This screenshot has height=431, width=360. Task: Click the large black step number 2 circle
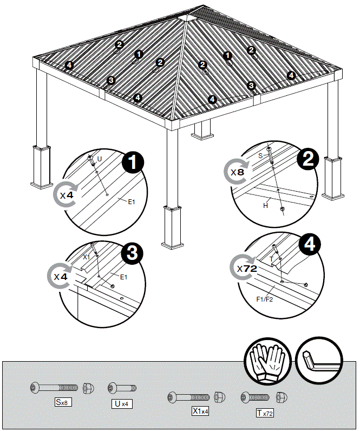coord(307,158)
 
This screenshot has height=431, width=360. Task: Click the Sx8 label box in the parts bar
coord(63,402)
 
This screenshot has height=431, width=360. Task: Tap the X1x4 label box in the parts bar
coord(200,411)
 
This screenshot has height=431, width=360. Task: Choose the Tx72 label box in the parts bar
coord(265,413)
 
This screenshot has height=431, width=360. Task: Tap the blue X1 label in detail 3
coord(87,257)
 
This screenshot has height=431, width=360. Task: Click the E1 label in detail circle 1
coord(132,201)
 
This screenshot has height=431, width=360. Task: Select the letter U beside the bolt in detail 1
coord(99,159)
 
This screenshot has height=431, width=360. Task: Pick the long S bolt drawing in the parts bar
coord(54,388)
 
